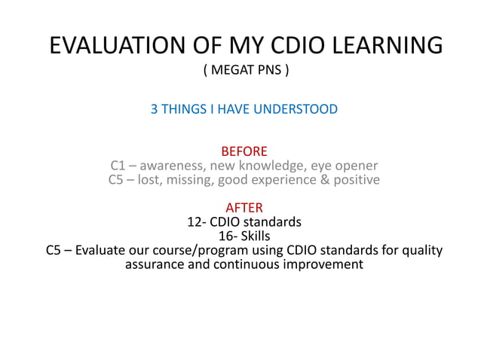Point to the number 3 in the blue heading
pyautogui.click(x=155, y=109)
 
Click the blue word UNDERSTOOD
pyautogui.click(x=296, y=109)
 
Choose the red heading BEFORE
pyautogui.click(x=244, y=152)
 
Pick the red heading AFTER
pyautogui.click(x=244, y=208)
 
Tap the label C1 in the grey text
pyautogui.click(x=118, y=166)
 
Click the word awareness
pyautogui.click(x=173, y=166)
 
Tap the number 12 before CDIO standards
pyautogui.click(x=194, y=222)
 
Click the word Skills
pyautogui.click(x=255, y=236)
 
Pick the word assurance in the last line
pyautogui.click(x=154, y=265)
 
